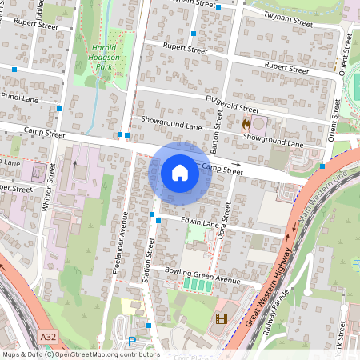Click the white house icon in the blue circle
click(x=180, y=173)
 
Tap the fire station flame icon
click(x=246, y=124)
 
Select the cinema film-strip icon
click(x=221, y=319)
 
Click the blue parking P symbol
click(x=132, y=341)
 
